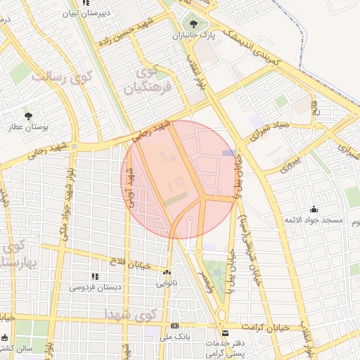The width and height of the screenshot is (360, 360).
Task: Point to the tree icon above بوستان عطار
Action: tap(29, 115)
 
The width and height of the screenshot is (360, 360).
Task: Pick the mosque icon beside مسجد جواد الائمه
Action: tap(313, 209)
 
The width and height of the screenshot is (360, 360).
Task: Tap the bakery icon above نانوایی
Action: tap(167, 273)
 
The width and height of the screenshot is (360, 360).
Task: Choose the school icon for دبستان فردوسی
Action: tap(95, 276)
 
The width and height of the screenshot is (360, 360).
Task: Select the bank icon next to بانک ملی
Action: tap(174, 327)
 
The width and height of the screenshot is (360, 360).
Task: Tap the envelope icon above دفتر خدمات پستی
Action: tap(225, 333)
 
